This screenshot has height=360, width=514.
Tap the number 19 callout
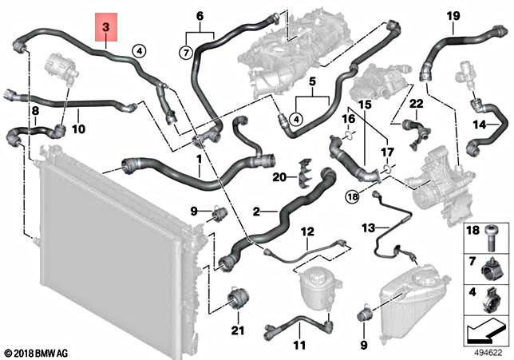coord(453,16)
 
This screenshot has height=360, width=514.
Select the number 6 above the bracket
coord(200,16)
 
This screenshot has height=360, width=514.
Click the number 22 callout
coord(416,104)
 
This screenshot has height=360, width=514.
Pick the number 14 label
coord(480,125)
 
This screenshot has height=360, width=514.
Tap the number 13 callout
coord(368,227)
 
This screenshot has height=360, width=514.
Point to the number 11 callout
coord(299,345)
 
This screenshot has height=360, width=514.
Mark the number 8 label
coord(35,109)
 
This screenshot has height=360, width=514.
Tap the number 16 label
coord(348,119)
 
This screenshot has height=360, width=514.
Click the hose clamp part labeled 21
coord(237,301)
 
